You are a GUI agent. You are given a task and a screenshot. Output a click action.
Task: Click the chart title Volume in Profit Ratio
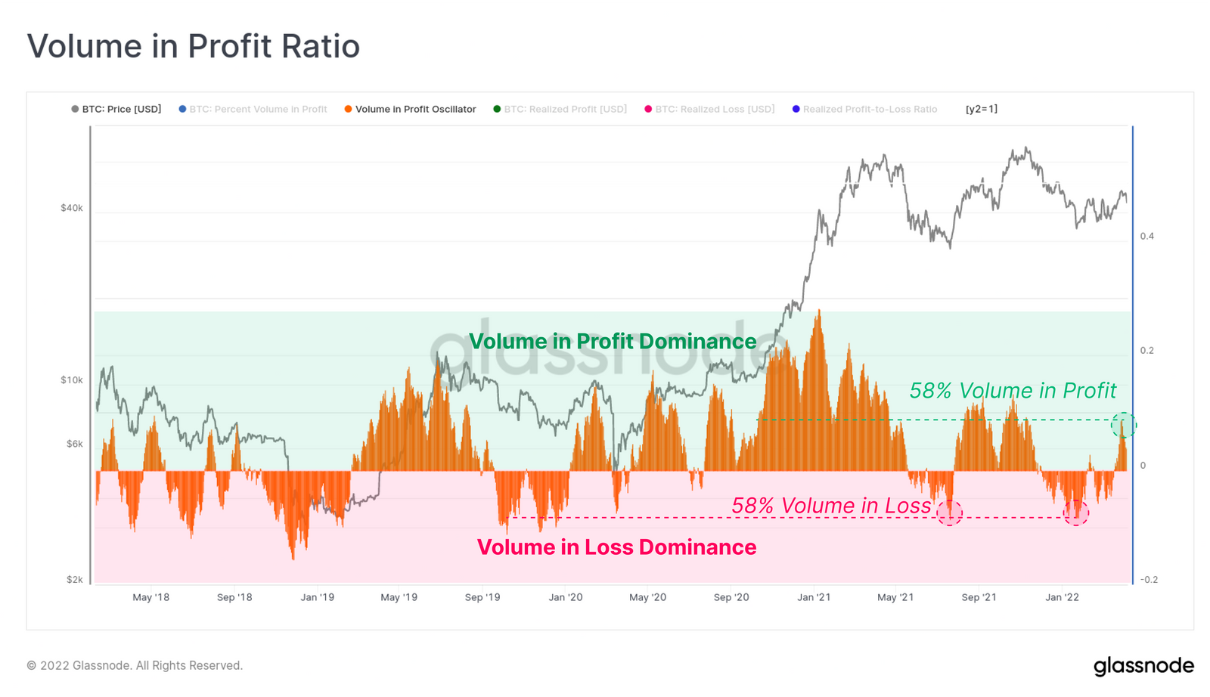(x=193, y=46)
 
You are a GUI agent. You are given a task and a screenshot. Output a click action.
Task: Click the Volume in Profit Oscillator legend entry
(x=415, y=109)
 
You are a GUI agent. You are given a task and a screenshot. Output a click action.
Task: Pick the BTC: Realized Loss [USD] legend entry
(x=714, y=109)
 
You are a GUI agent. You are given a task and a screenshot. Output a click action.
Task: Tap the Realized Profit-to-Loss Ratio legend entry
(x=869, y=109)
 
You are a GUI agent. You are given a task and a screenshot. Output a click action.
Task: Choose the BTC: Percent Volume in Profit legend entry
(x=258, y=109)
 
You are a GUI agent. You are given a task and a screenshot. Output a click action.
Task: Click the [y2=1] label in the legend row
(x=981, y=109)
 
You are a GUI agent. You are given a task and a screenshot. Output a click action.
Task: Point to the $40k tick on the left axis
(x=72, y=208)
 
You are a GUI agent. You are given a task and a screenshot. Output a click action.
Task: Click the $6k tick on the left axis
(x=75, y=444)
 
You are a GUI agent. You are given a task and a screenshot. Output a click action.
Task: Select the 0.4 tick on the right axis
(x=1147, y=236)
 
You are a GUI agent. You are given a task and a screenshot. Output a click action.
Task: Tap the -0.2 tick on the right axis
(x=1149, y=580)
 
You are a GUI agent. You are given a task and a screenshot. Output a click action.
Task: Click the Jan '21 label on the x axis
(x=814, y=597)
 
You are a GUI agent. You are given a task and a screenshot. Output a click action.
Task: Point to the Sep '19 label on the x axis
(x=482, y=597)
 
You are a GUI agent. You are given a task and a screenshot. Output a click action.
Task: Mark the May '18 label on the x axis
(x=150, y=597)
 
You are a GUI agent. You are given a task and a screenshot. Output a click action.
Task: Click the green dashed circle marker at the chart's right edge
(x=1123, y=425)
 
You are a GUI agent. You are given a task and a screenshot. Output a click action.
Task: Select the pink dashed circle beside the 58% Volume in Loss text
(x=949, y=513)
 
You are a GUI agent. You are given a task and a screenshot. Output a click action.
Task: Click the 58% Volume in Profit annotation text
(x=1012, y=390)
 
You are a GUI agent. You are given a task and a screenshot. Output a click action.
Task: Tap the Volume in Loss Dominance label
(x=616, y=547)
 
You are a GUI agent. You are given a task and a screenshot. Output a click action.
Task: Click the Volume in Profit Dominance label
(x=612, y=341)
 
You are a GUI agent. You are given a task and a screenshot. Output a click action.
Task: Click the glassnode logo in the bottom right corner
(x=1143, y=666)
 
